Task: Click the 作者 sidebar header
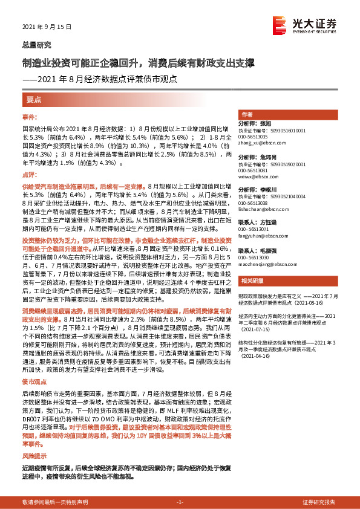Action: pyautogui.click(x=247, y=114)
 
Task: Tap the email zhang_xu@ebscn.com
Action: pyautogui.click(x=261, y=143)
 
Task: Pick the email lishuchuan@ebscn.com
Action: pyautogui.click(x=263, y=210)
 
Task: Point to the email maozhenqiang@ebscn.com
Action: pyautogui.click(x=266, y=264)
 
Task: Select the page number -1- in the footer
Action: pyautogui.click(x=180, y=502)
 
